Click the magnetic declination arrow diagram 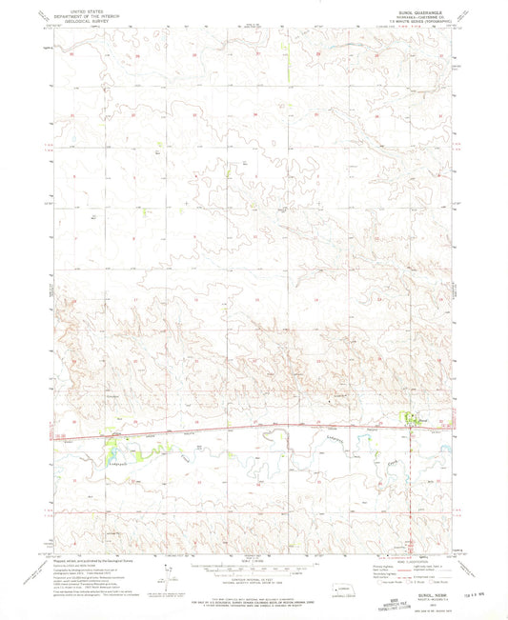pos(172,571)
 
